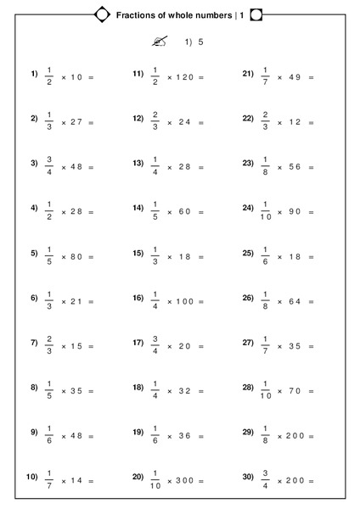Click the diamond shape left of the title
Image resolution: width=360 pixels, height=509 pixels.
click(x=102, y=14)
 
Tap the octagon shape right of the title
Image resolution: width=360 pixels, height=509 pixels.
click(x=256, y=14)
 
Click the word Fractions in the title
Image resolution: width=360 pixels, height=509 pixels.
click(x=136, y=14)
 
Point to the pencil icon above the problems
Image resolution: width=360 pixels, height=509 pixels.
click(x=159, y=42)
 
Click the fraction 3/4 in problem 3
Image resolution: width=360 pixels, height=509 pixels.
click(x=49, y=164)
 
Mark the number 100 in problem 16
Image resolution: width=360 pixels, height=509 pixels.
click(x=182, y=302)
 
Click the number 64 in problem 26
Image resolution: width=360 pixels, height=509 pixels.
click(x=294, y=302)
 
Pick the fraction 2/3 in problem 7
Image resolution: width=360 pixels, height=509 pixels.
click(x=49, y=346)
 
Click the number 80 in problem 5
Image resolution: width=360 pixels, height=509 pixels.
click(x=76, y=256)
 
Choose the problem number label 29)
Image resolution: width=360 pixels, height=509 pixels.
click(x=248, y=432)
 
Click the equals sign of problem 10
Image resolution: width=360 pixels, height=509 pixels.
click(x=90, y=481)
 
